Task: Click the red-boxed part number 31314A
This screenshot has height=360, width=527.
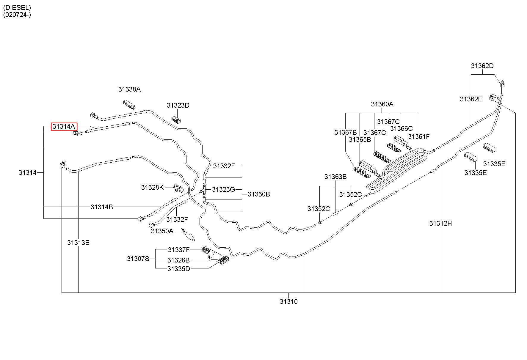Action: click(64, 126)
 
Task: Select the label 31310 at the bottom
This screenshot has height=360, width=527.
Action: click(288, 301)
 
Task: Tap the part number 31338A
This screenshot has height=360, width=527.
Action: click(129, 89)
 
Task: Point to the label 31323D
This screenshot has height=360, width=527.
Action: click(178, 105)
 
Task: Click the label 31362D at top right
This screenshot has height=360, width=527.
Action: click(482, 66)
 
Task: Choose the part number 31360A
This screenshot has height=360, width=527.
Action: click(382, 104)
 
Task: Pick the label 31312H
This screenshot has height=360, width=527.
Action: click(440, 223)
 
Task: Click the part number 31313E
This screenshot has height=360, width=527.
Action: click(78, 243)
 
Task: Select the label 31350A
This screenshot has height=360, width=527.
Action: click(162, 231)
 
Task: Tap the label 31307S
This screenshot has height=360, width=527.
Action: click(138, 259)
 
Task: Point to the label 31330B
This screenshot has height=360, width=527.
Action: click(259, 194)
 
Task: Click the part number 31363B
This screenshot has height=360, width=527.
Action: click(335, 177)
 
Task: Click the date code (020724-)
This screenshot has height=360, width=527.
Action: click(17, 15)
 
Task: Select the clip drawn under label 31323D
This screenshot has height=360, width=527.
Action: click(177, 119)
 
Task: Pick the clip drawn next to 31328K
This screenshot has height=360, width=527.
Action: click(178, 187)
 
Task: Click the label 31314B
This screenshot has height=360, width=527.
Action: click(102, 207)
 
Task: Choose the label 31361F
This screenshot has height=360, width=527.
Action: click(419, 136)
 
